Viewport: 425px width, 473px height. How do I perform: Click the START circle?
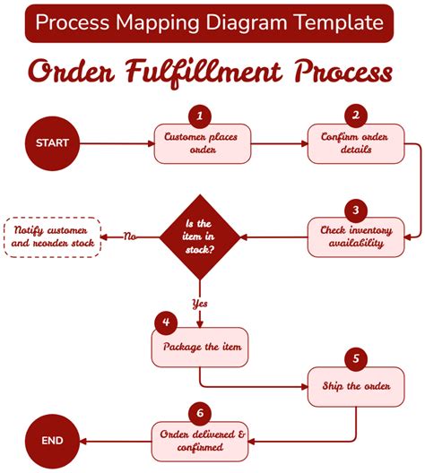click(52, 142)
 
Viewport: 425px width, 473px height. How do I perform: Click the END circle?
click(52, 441)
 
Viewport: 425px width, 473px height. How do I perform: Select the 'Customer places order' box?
click(203, 144)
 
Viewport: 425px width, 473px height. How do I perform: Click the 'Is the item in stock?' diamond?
click(199, 236)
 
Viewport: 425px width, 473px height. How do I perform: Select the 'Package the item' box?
click(201, 347)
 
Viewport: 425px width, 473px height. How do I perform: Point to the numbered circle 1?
click(200, 116)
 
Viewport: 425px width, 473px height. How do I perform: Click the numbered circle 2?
click(356, 116)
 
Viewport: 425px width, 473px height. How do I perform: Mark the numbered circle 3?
click(356, 210)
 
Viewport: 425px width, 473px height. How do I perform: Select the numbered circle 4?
click(166, 322)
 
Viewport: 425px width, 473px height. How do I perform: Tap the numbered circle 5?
click(356, 360)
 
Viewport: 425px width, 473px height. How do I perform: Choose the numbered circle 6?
click(199, 413)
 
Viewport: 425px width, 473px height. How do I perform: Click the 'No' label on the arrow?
click(130, 237)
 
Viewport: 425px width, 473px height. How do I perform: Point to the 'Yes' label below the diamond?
click(199, 303)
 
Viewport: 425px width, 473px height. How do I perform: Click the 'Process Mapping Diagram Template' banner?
click(209, 22)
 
